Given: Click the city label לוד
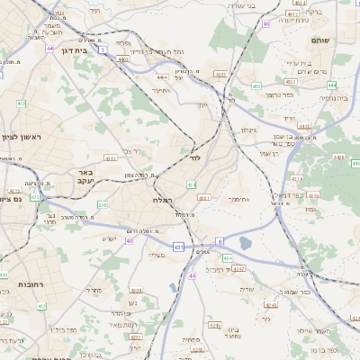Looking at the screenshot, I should (x=193, y=157).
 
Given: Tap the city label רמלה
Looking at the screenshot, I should (x=163, y=200).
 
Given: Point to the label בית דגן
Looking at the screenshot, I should (x=64, y=53).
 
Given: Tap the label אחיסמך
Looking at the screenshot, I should (x=238, y=200).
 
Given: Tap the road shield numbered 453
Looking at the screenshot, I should (x=256, y=86).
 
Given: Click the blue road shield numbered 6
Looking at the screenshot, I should (x=220, y=241).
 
